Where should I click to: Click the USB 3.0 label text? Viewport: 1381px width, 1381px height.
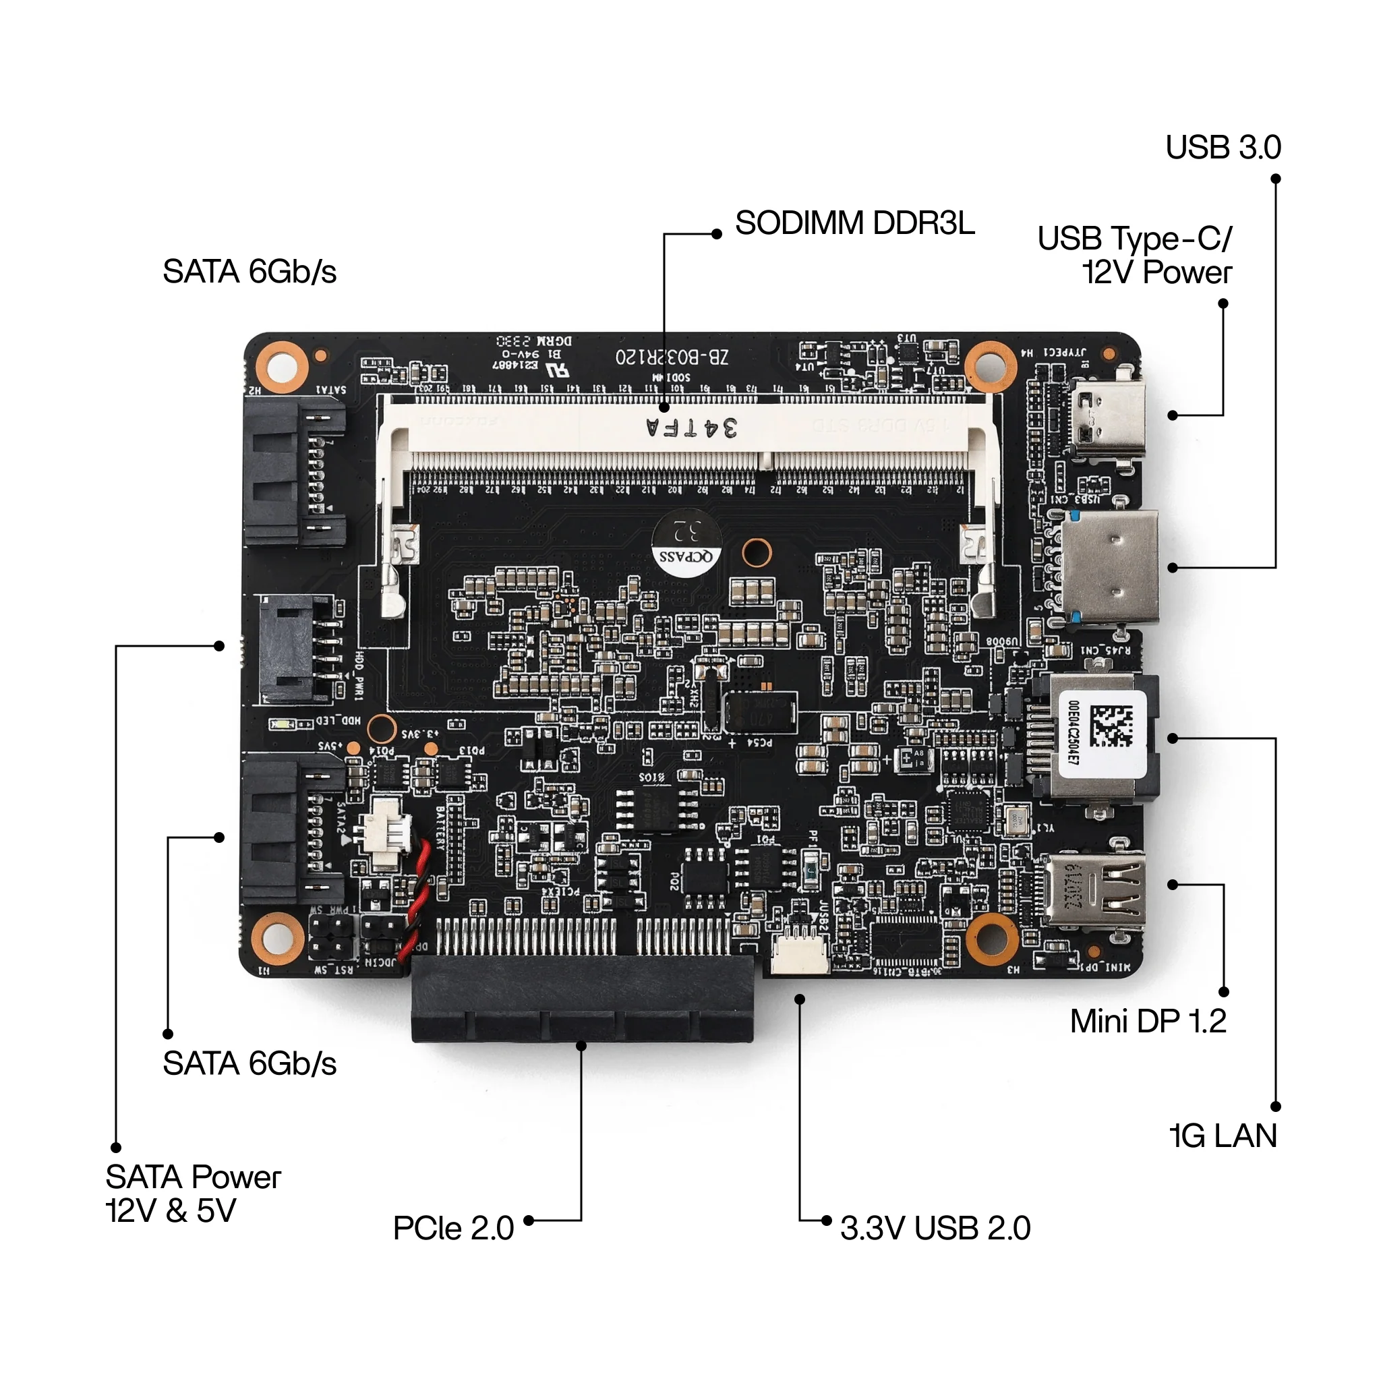(x=1223, y=147)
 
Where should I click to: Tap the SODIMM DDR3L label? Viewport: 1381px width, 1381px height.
(x=854, y=223)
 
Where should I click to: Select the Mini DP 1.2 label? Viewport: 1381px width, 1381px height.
(x=1147, y=1022)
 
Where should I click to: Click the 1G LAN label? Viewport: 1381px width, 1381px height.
(x=1223, y=1136)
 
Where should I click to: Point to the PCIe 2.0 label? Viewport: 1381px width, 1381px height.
(x=453, y=1228)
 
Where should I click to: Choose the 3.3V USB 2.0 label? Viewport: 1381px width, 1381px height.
(x=935, y=1228)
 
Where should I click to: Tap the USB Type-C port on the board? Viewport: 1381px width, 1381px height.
(x=1109, y=415)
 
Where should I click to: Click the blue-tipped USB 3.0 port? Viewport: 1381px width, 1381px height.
(x=1109, y=568)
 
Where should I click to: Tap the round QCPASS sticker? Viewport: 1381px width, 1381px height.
(x=686, y=539)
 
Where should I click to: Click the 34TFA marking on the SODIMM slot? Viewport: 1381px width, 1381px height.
(x=691, y=428)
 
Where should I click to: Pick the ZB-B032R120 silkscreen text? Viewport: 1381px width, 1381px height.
(x=671, y=355)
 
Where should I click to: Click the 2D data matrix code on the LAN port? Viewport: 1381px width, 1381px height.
(x=1111, y=725)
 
